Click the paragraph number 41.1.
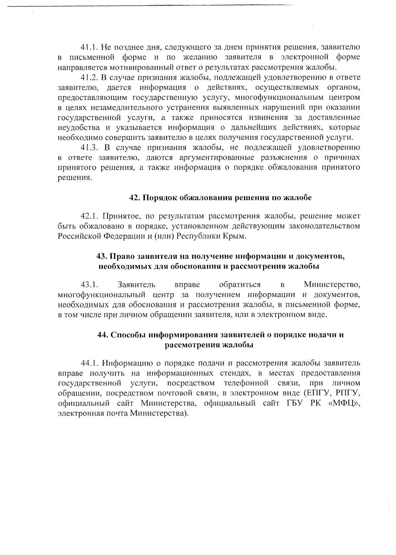[89, 47]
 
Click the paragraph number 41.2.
[89, 78]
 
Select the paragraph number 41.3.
[89, 148]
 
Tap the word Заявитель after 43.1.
[136, 285]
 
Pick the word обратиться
[240, 285]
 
